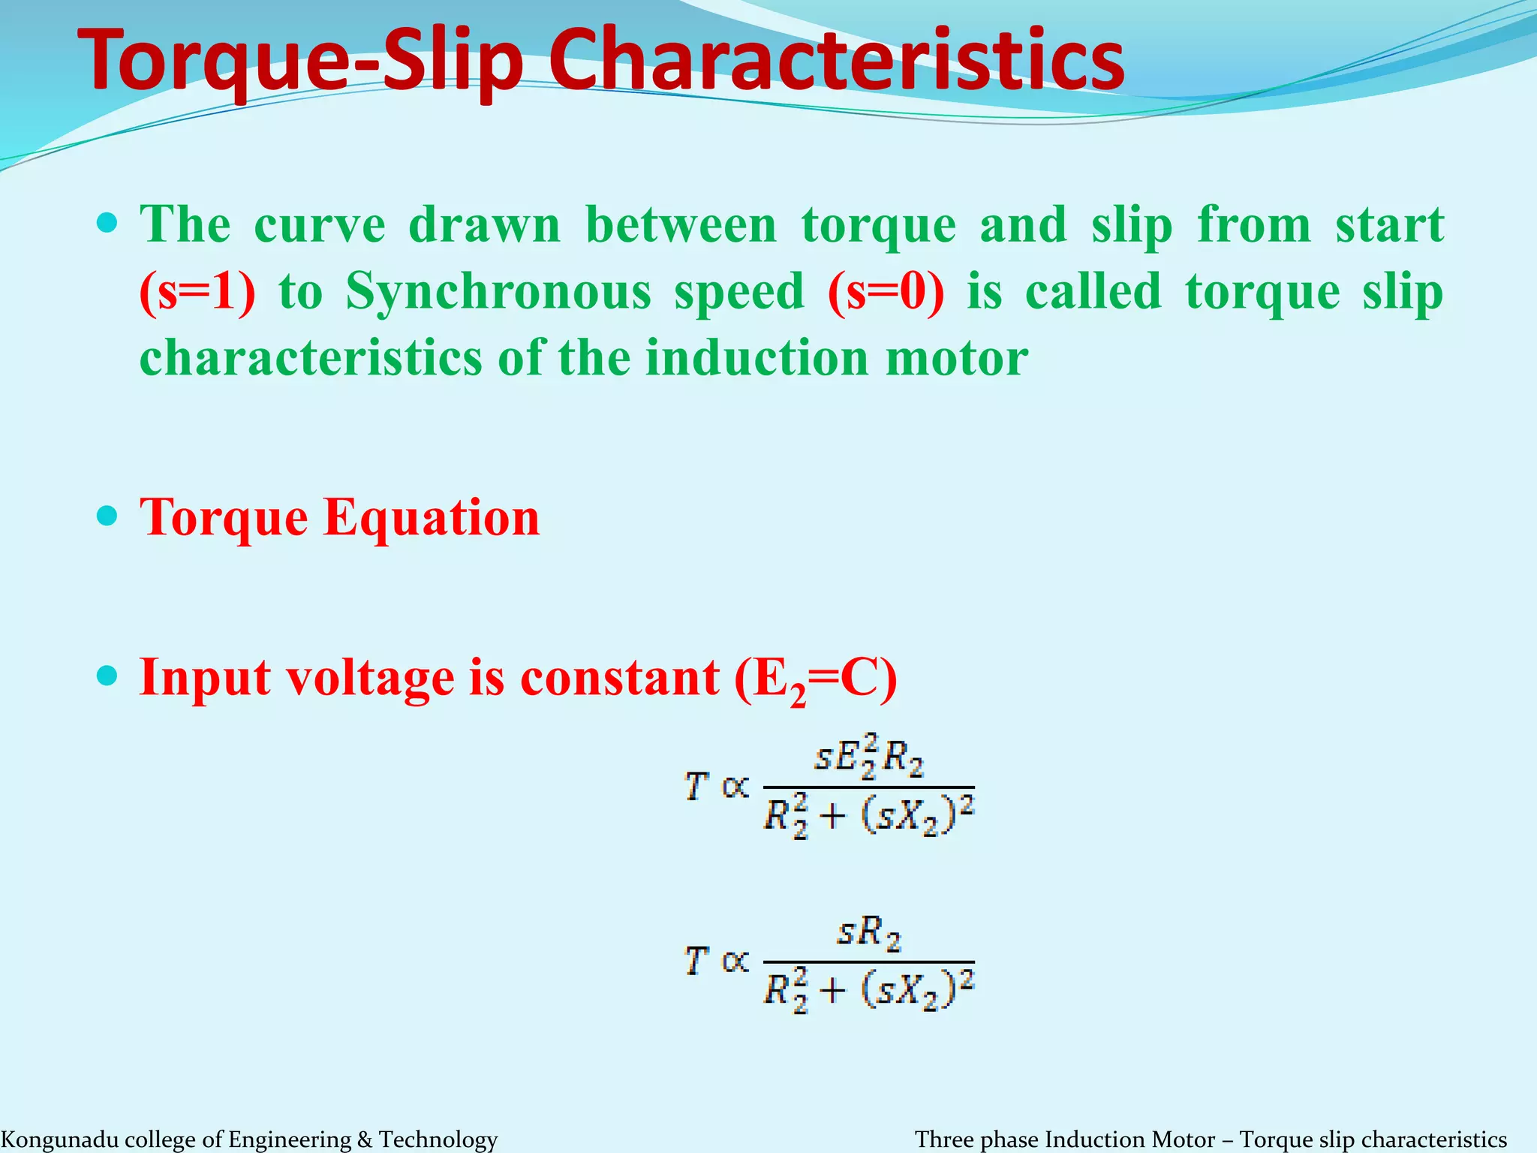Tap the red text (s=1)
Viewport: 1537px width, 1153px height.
coord(197,291)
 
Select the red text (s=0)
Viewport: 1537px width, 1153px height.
coord(886,291)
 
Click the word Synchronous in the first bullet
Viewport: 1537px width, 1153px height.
coord(498,291)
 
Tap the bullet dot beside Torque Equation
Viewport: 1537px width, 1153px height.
coord(108,516)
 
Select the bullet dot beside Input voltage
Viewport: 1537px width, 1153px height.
coord(108,676)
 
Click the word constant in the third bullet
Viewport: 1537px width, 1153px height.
coord(619,677)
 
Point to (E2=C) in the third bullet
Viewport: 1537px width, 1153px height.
coord(815,679)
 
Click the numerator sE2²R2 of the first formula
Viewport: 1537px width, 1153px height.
coord(868,757)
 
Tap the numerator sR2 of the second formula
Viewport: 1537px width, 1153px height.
coord(868,933)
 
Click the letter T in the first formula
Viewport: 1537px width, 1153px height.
coord(696,787)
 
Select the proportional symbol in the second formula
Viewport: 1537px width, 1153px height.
coord(735,961)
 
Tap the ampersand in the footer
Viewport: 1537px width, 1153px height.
coord(365,1139)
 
